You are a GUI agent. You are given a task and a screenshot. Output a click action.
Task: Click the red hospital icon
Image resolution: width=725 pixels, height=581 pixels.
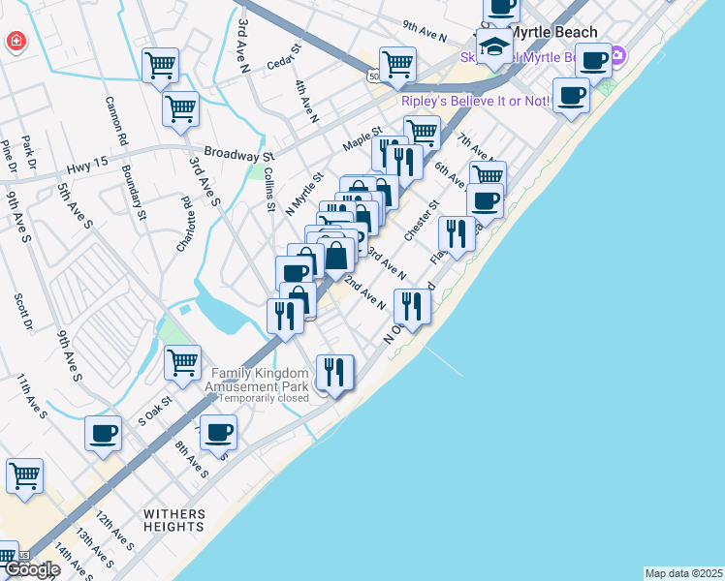point(16,42)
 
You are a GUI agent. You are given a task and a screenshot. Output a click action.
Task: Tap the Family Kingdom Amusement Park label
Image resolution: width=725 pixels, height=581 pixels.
point(260,380)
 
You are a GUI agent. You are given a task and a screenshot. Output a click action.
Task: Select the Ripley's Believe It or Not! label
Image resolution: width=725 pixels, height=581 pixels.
point(474,101)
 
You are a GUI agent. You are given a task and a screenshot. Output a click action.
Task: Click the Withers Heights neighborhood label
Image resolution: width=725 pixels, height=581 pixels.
point(174,520)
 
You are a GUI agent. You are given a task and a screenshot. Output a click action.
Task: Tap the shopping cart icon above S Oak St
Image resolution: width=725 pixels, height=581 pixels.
point(182,362)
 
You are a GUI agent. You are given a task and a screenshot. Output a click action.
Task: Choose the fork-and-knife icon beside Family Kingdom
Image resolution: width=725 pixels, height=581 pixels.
point(334,372)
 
